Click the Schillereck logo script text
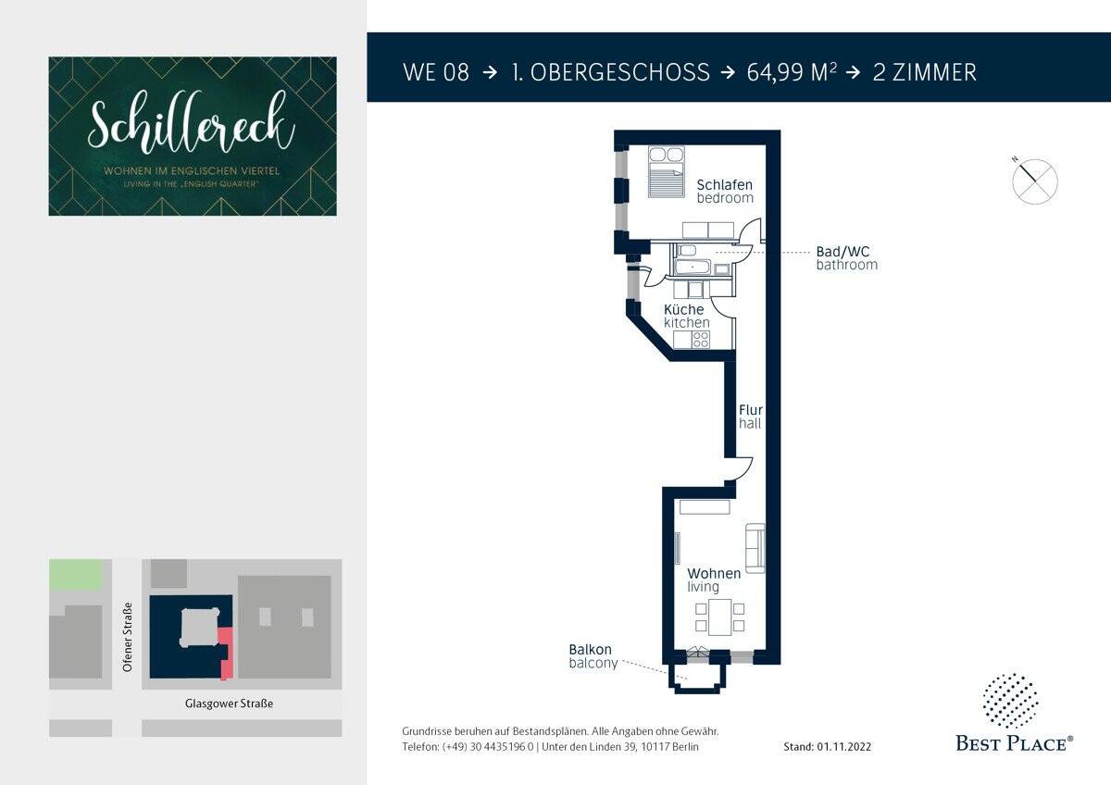192,126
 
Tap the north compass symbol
1034,180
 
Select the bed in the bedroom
664,171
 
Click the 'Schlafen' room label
724,184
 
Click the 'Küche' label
683,309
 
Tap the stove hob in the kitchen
701,340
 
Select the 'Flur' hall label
750,409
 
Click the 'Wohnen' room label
713,574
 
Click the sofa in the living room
755,546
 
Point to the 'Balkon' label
590,650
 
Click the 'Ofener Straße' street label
128,636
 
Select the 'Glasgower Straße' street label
228,704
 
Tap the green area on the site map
75,574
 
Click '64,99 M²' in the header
792,72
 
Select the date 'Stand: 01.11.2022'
827,746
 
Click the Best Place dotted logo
1009,701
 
